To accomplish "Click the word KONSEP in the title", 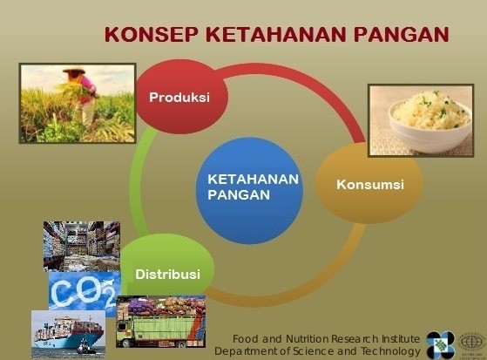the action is tap(151, 34).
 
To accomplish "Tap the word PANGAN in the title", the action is tap(402, 34).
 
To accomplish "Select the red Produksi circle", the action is tap(182, 97).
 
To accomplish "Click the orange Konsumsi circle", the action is tap(369, 183).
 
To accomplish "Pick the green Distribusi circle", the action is tap(168, 268).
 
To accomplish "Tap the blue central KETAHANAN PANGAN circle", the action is tap(250, 191).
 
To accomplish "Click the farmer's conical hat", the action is tap(74, 71).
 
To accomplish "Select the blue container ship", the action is tap(69, 333).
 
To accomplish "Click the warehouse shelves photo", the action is tap(82, 247).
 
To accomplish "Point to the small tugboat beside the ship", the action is tap(84, 347).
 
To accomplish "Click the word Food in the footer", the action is tap(246, 338).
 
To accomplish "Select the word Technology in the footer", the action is tap(390, 351).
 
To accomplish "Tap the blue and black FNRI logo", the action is tap(441, 345).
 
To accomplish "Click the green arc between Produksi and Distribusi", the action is tap(137, 183).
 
